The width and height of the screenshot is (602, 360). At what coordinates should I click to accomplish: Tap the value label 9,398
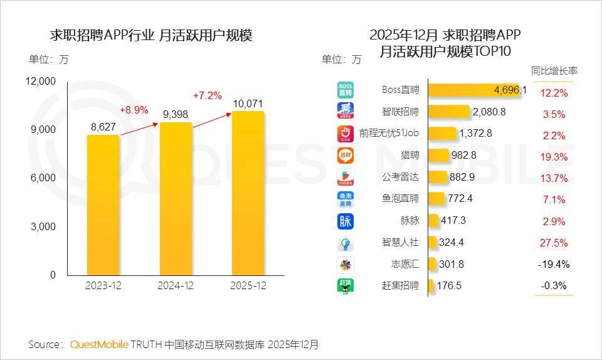[x=176, y=114]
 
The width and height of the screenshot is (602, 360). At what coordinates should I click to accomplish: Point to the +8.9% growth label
[x=134, y=110]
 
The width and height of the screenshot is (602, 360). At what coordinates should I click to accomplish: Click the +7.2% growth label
[x=207, y=96]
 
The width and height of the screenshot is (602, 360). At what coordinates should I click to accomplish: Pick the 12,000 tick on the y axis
[x=41, y=81]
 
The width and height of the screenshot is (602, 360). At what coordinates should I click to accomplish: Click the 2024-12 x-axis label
[x=175, y=285]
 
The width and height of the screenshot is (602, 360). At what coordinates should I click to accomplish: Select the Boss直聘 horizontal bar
[x=477, y=90]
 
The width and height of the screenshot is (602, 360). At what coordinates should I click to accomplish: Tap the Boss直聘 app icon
[x=346, y=90]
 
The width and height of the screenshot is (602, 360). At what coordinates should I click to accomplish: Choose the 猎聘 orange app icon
[x=346, y=155]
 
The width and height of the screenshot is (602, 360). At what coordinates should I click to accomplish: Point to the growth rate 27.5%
[x=554, y=243]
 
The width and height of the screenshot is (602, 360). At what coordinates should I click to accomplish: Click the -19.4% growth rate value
[x=554, y=264]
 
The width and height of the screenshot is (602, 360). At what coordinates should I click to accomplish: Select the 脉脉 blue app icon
[x=346, y=221]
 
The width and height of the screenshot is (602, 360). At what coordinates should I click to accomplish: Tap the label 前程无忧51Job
[x=389, y=133]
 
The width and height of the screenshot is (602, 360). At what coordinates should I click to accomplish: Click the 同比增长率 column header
[x=554, y=71]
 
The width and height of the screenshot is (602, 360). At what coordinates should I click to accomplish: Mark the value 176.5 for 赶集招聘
[x=449, y=285]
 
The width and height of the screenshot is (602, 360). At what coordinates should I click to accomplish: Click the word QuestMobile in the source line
[x=99, y=344]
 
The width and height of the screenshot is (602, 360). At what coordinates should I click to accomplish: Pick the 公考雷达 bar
[x=438, y=177]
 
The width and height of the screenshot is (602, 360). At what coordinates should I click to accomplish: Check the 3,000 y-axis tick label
[x=43, y=226]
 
